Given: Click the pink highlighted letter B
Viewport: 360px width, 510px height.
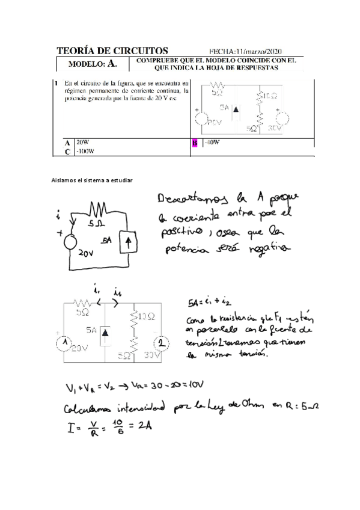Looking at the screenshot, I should (x=194, y=143).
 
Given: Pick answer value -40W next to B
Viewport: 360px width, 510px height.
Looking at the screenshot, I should (x=212, y=143).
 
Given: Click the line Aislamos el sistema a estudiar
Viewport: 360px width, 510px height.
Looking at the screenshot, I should (x=91, y=180).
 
